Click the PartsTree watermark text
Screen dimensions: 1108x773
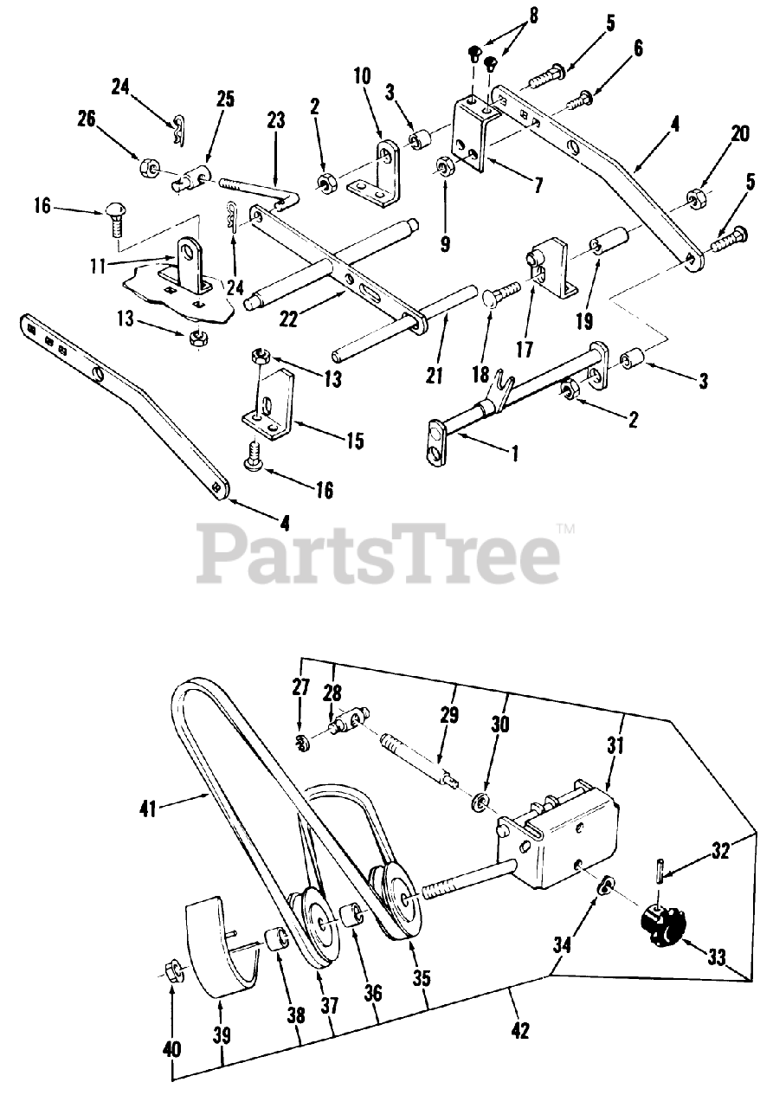coord(378,554)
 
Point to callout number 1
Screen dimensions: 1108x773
coord(515,453)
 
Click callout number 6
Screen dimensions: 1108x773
coord(638,48)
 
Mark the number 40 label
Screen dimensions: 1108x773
coord(172,1049)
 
